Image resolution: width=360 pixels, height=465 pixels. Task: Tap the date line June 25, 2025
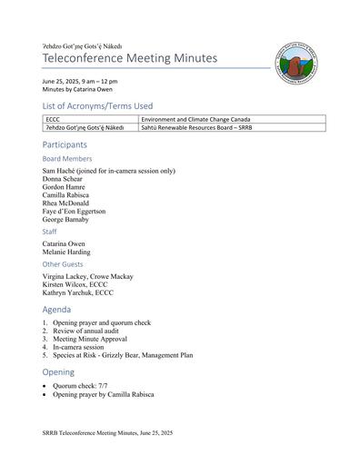click(x=79, y=82)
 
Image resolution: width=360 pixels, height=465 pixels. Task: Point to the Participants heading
click(x=65, y=144)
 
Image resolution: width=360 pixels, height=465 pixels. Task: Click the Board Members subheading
click(x=67, y=159)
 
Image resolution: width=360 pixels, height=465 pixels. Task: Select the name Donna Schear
click(x=65, y=179)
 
